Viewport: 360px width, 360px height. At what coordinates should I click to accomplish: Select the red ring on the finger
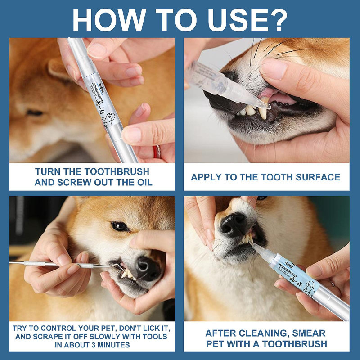tap(157, 151)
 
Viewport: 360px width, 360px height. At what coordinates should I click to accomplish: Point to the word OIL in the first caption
tap(142, 182)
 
